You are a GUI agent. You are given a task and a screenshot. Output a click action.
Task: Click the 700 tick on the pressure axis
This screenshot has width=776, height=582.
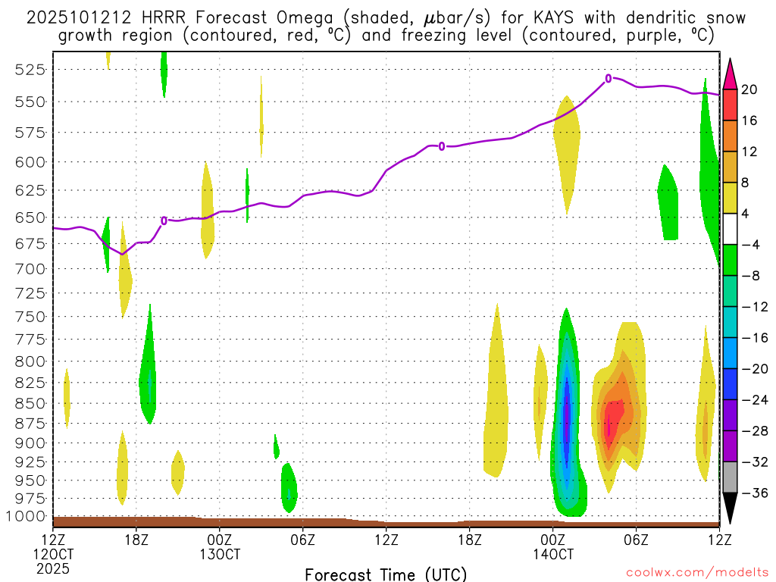tap(29, 269)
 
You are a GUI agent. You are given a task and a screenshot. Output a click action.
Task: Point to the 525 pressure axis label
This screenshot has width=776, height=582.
tap(29, 70)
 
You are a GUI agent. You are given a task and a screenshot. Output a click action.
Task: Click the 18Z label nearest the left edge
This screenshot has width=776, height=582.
tap(136, 540)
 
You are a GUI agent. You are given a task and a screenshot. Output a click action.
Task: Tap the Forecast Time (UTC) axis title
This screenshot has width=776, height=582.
tap(386, 574)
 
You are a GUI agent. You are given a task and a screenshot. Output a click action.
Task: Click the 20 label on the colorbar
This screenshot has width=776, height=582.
tap(749, 89)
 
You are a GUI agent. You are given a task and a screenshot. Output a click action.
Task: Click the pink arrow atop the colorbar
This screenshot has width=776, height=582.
tap(730, 74)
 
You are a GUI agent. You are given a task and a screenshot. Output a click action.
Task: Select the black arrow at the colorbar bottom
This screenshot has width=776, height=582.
tap(730, 508)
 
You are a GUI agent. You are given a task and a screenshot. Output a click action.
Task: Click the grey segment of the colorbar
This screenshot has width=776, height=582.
tap(730, 477)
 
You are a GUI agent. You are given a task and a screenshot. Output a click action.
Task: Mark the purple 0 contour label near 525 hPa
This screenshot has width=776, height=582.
tap(609, 78)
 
